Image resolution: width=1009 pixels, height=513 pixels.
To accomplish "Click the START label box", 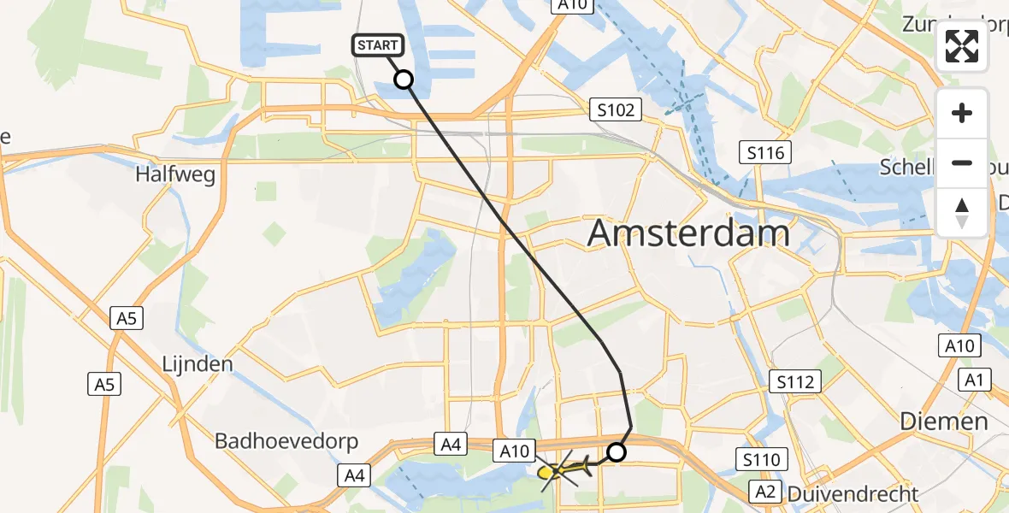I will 376,45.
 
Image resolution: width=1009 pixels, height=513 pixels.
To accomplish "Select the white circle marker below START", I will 404,80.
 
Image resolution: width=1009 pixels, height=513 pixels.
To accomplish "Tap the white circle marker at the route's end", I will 616,452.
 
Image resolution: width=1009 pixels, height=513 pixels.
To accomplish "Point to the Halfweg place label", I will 174,174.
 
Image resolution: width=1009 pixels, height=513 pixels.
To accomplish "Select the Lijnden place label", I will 198,364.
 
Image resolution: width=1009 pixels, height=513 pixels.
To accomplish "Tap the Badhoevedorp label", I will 286,442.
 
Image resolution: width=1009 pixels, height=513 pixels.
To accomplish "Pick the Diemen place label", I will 945,421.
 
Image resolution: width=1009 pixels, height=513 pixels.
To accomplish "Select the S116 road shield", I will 765,154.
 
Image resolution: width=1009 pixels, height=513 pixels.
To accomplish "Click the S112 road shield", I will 795,381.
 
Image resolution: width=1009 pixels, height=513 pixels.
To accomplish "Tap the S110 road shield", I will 761,461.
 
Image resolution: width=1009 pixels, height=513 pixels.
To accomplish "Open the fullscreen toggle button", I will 962,46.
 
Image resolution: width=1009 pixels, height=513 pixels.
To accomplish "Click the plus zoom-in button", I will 962,114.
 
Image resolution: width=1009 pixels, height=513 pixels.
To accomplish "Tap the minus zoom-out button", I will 962,162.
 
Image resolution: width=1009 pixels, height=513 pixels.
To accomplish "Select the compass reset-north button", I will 962,212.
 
